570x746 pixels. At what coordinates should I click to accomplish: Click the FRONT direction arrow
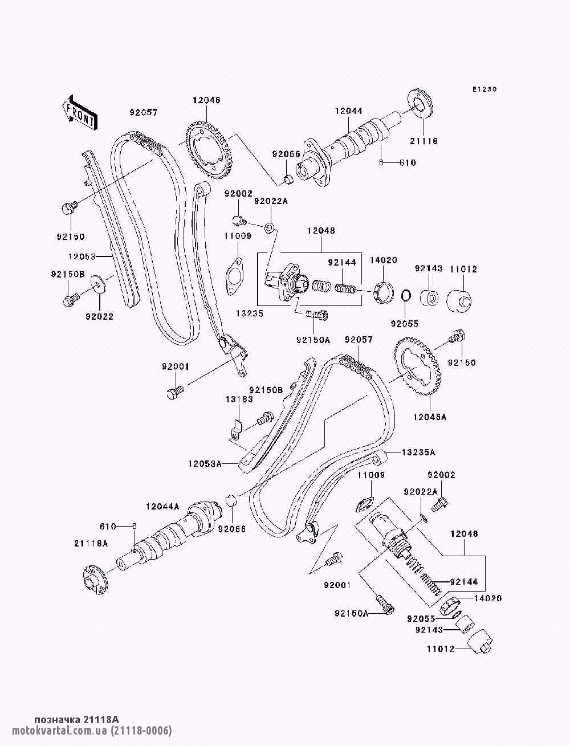(79, 112)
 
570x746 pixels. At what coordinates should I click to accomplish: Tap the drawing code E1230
(484, 89)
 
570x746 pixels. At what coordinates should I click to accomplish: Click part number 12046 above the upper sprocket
(206, 100)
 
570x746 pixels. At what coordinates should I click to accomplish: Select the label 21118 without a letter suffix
(424, 141)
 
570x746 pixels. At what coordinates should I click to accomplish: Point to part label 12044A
(162, 516)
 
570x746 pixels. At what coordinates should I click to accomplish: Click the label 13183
(239, 400)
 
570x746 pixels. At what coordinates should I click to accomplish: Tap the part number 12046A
(430, 417)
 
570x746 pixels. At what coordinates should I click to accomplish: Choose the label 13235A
(418, 453)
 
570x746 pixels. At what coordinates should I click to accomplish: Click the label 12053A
(205, 463)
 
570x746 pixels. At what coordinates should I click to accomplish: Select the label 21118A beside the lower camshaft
(91, 544)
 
